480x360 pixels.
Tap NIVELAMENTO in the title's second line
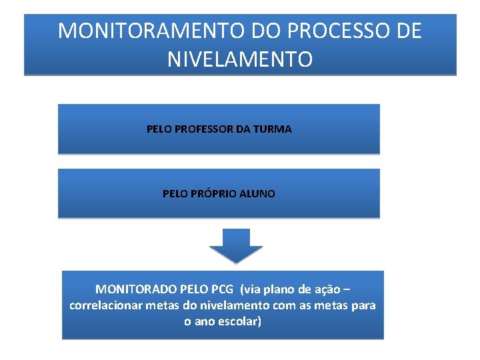(x=240, y=59)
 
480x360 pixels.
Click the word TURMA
(x=273, y=129)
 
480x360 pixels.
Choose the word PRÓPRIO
(x=217, y=194)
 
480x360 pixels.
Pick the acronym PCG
(x=223, y=289)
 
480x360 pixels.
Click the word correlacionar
(x=105, y=305)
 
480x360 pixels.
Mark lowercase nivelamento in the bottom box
(x=234, y=305)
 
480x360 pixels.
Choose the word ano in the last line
(x=203, y=321)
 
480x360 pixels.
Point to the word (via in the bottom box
(x=251, y=289)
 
